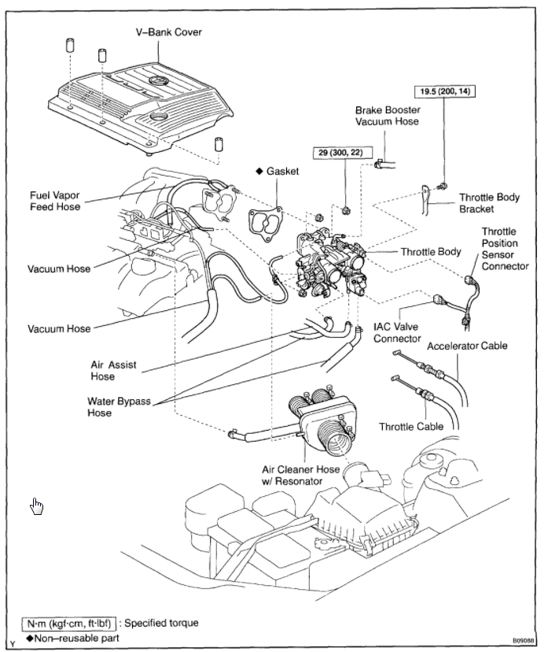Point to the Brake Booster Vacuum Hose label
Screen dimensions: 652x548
point(388,117)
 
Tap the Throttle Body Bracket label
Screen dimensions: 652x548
point(489,203)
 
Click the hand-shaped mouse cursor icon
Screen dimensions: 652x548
point(37,506)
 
